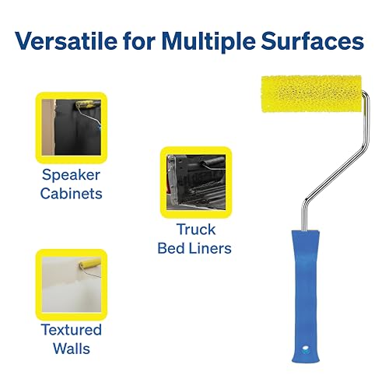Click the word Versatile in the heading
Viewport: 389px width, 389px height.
66,41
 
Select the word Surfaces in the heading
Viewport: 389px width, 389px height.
313,41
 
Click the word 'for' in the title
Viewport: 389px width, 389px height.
139,41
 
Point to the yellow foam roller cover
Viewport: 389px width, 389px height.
311,94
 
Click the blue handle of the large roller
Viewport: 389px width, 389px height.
306,296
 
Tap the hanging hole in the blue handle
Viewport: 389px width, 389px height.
306,349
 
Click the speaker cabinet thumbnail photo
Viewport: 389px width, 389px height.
72,128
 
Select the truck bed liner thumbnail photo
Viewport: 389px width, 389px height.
196,182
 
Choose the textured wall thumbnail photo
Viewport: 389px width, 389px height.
72,285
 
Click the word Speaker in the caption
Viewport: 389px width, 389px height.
71,175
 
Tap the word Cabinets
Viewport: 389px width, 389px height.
72,194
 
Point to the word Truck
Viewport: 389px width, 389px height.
196,230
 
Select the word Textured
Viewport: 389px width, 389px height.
72,330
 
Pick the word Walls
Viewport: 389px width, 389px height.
72,349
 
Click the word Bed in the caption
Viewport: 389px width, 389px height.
171,248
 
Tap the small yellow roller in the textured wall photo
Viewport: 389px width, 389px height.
89,264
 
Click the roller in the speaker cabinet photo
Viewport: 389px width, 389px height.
87,104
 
